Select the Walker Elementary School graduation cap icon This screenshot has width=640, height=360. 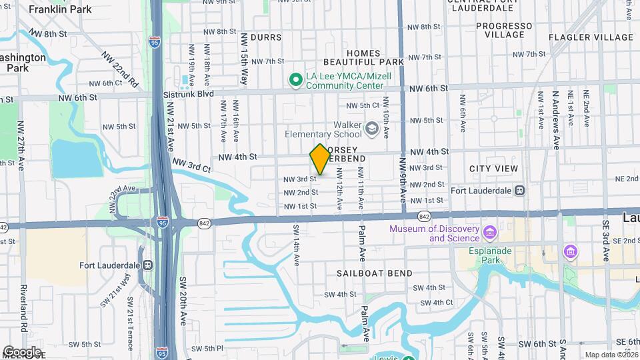click(x=371, y=128)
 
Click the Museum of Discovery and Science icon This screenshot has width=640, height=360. click(x=491, y=233)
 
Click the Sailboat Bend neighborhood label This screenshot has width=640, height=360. click(x=374, y=273)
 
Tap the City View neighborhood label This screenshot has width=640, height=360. click(x=493, y=169)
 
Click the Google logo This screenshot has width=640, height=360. click(x=22, y=351)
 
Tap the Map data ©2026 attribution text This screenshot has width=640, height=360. click(x=610, y=355)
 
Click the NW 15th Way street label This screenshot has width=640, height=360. click(x=244, y=59)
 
